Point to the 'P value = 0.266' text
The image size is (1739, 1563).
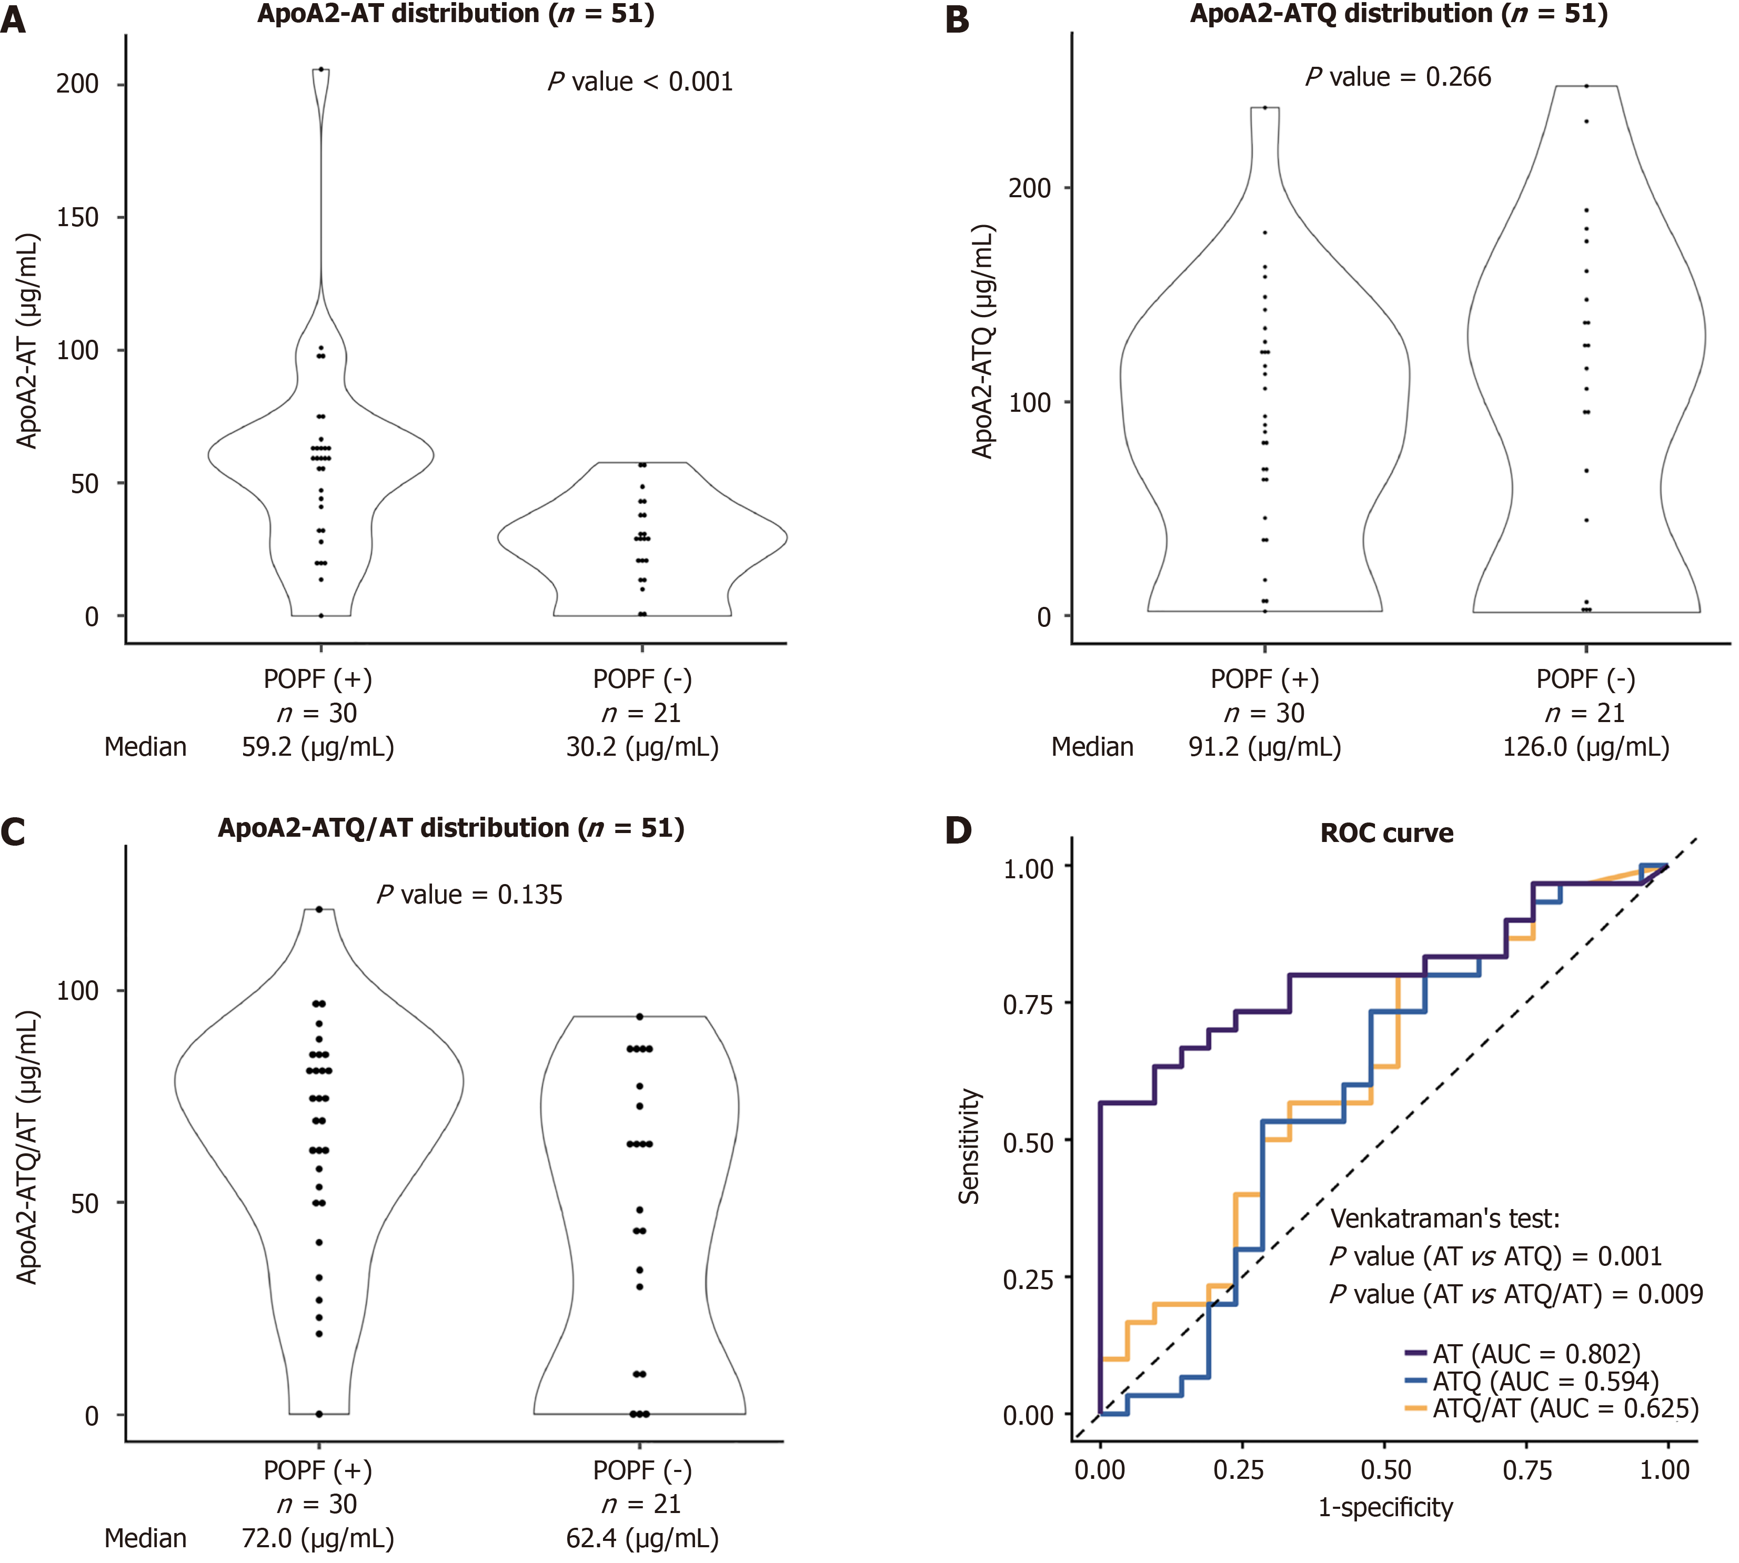(x=1398, y=77)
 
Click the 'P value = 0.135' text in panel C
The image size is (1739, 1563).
(x=469, y=895)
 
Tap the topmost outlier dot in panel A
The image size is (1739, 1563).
(x=320, y=69)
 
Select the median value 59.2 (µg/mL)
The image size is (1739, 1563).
(x=317, y=747)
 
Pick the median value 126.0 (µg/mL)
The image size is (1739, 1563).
(x=1585, y=747)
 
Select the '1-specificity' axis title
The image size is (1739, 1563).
(x=1385, y=1507)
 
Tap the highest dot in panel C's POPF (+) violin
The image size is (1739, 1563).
(x=319, y=909)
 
